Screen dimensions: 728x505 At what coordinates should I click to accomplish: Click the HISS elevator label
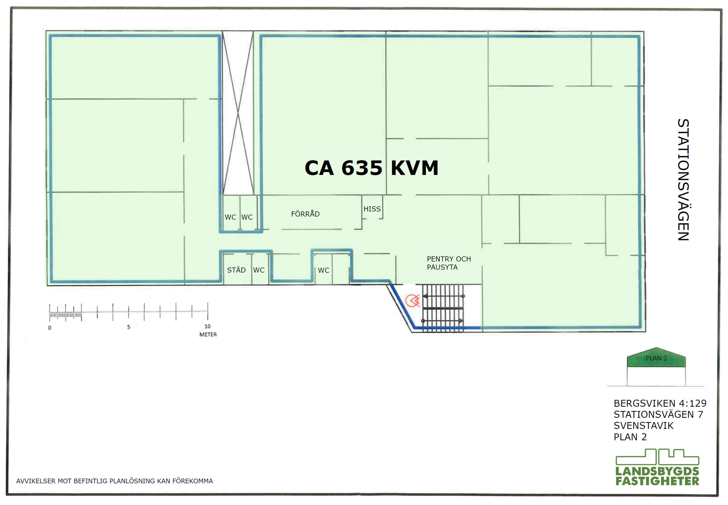pos(372,209)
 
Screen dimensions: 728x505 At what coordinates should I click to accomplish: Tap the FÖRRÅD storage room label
pos(305,214)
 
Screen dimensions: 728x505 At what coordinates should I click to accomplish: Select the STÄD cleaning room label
pos(236,270)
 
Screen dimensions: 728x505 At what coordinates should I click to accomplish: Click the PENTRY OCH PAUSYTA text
pos(449,263)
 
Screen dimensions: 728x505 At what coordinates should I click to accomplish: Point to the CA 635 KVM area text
pos(371,168)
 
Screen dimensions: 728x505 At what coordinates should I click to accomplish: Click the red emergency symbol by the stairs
pos(413,300)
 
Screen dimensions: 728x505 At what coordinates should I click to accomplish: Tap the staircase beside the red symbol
pos(443,308)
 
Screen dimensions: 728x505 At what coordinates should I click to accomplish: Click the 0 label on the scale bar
pos(49,328)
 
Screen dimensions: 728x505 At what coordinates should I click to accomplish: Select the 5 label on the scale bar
pos(129,327)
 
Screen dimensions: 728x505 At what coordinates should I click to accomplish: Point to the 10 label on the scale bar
pos(207,326)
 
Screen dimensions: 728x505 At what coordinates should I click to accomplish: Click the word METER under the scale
pos(208,334)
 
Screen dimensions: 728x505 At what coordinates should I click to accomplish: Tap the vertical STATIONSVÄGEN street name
pos(683,179)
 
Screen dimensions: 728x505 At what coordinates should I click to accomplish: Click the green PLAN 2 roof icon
pos(656,357)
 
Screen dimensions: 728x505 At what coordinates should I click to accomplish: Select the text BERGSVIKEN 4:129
pos(660,403)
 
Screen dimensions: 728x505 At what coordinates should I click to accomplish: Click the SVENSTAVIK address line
pos(644,426)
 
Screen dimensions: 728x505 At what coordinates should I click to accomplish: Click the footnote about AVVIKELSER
pos(115,481)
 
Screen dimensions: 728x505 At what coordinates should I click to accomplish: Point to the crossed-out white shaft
pos(238,113)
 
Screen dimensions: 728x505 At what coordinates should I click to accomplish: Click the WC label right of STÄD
pos(259,270)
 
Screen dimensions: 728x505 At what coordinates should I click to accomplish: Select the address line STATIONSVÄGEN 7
pos(658,414)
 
